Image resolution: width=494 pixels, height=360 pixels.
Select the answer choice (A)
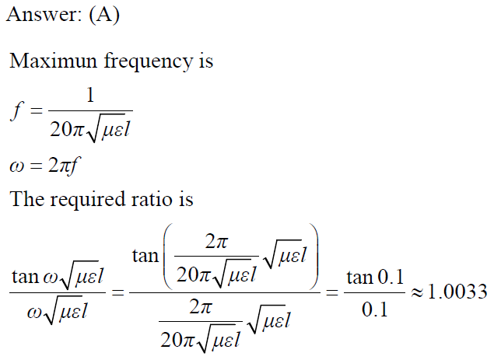(x=103, y=16)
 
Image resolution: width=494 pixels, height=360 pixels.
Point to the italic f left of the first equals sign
(x=16, y=110)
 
